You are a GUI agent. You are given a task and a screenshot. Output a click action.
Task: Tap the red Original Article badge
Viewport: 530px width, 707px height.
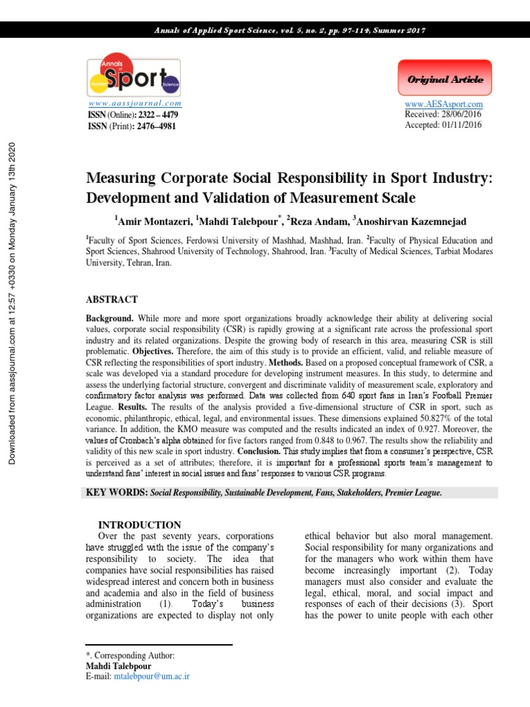(x=445, y=79)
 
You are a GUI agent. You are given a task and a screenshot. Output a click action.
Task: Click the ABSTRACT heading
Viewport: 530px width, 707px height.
(x=112, y=300)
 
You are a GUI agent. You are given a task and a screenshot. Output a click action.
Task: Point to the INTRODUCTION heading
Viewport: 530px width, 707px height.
(x=139, y=525)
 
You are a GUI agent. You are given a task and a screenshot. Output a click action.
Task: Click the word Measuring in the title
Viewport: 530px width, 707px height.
(x=122, y=179)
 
